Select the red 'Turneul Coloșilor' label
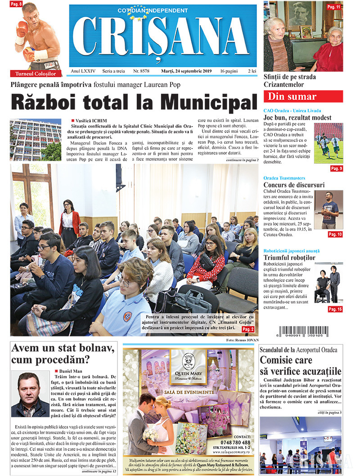36,73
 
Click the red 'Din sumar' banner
303,96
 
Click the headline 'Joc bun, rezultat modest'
297,118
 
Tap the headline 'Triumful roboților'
290,258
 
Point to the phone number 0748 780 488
236,442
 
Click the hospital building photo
36,139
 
